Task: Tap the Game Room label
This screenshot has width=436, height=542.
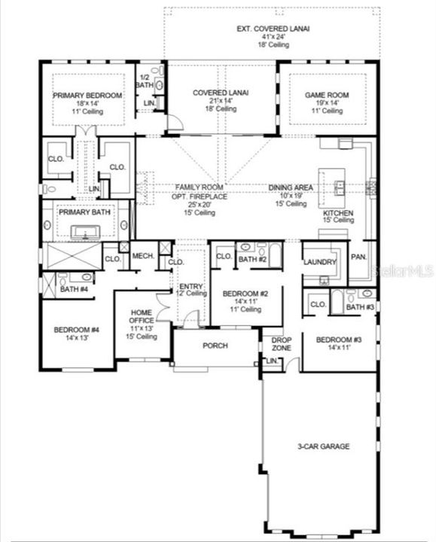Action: pyautogui.click(x=324, y=96)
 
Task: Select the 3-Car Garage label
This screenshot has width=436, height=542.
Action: pyautogui.click(x=325, y=446)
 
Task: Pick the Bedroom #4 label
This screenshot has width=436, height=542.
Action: pyautogui.click(x=72, y=329)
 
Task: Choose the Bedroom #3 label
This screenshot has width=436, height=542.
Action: pyautogui.click(x=338, y=340)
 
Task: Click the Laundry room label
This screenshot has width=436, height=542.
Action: pyautogui.click(x=319, y=263)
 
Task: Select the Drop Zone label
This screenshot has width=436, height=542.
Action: pyautogui.click(x=282, y=344)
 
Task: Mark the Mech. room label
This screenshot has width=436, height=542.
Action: pyautogui.click(x=143, y=257)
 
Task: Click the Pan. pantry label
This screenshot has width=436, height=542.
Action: pyautogui.click(x=359, y=257)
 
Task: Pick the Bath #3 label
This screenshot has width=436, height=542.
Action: pyautogui.click(x=359, y=307)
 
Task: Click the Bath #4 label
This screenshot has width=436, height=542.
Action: pyautogui.click(x=73, y=289)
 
